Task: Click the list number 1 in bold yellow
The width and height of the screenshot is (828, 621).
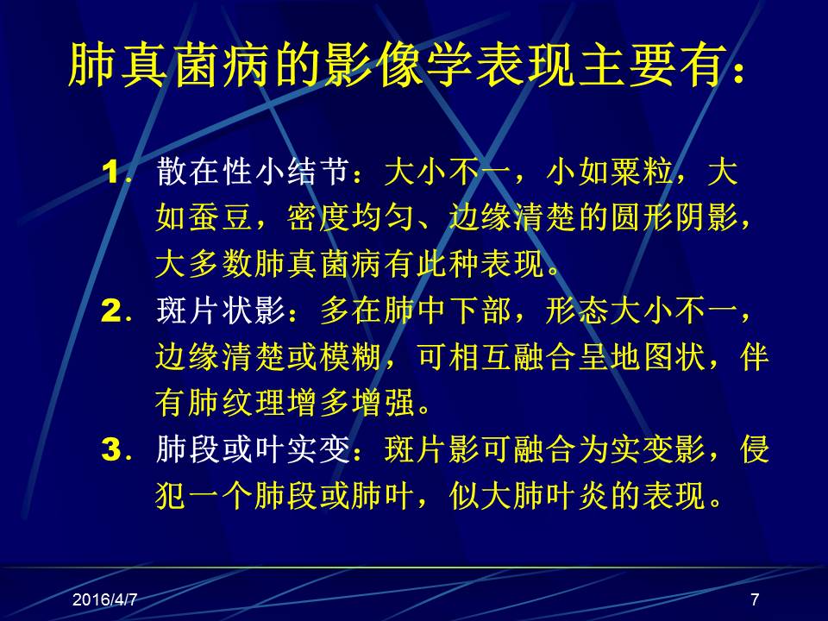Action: (x=114, y=173)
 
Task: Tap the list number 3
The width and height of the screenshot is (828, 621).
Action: (x=114, y=451)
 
